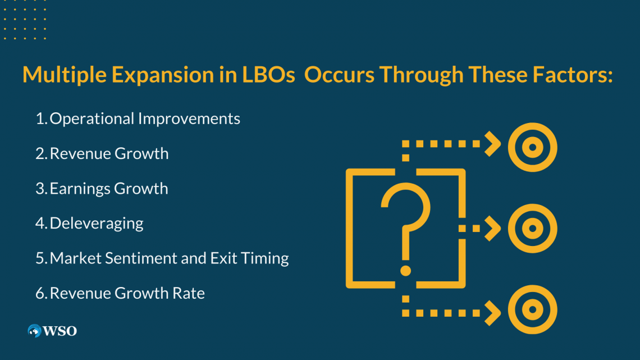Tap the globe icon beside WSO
point(35,331)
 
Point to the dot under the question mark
point(405,271)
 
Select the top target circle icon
point(532,147)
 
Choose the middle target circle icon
point(532,229)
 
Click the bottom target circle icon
point(532,311)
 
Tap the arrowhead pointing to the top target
point(492,144)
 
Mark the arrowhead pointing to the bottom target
point(492,311)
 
